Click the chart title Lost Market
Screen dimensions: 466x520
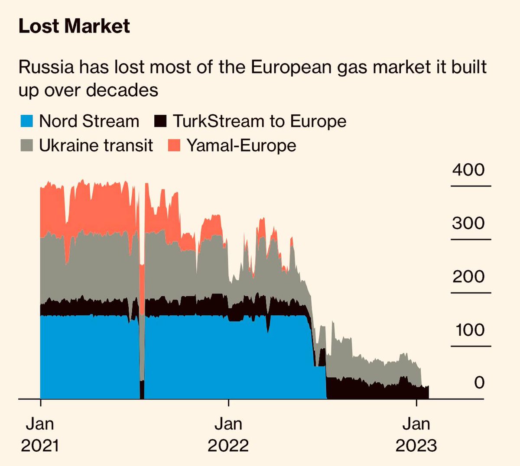[74, 26]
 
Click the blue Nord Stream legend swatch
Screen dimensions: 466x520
[27, 121]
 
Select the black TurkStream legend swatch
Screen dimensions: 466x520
[160, 121]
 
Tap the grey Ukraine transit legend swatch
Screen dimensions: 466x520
[27, 146]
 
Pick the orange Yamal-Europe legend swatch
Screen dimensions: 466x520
[174, 146]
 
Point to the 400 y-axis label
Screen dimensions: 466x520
[468, 170]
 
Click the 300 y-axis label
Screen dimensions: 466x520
[468, 223]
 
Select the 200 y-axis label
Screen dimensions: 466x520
[468, 276]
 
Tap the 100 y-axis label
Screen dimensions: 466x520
[470, 330]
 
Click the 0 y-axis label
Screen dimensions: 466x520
[479, 382]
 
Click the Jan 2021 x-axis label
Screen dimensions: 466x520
[40, 434]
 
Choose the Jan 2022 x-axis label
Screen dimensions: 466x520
[228, 434]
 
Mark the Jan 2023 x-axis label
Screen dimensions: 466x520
[416, 434]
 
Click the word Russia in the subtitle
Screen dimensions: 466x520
[46, 67]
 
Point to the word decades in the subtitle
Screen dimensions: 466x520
[122, 90]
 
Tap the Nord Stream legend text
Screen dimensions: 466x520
[89, 121]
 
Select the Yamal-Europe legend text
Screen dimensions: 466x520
[241, 146]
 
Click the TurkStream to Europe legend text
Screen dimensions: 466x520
[260, 121]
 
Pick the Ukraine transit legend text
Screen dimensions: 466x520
[96, 146]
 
